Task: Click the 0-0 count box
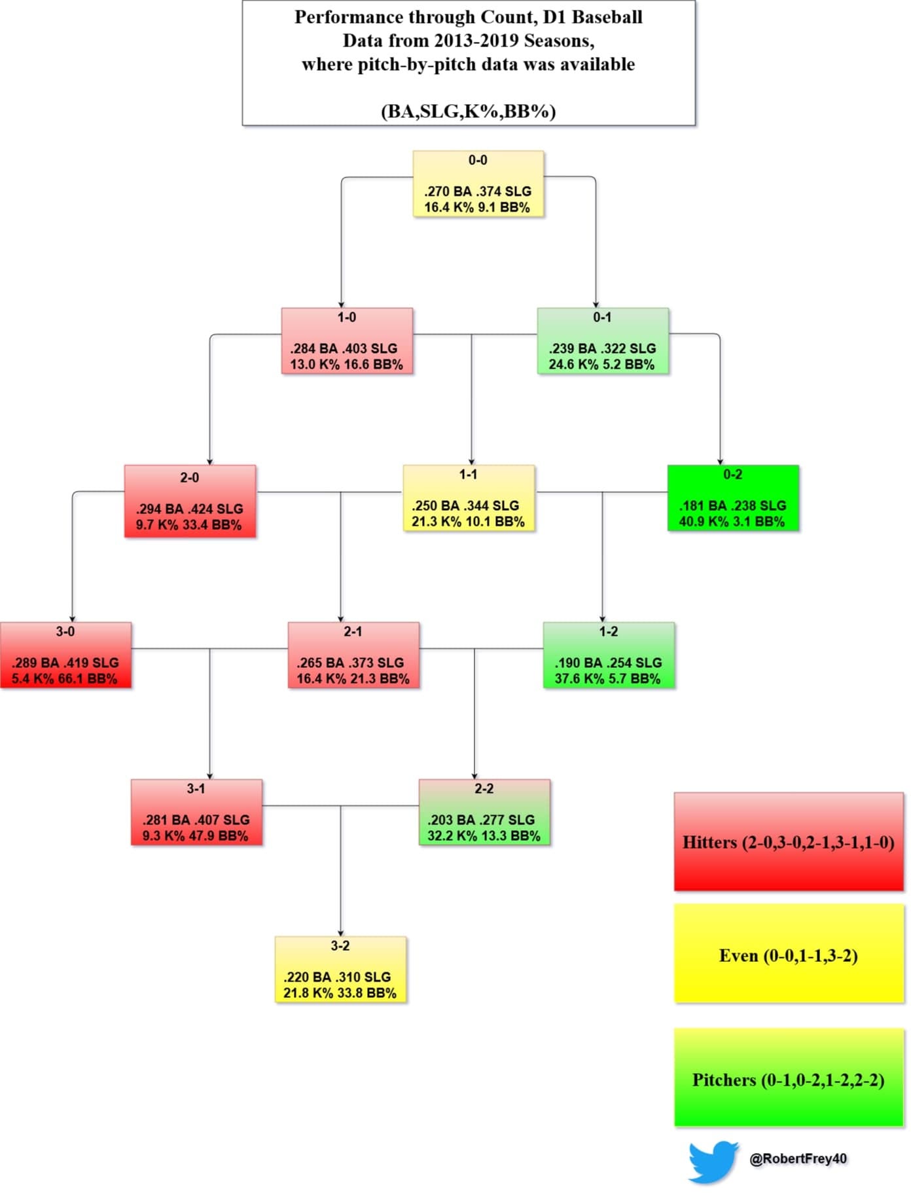(478, 184)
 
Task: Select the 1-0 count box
(347, 341)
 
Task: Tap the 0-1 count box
(603, 341)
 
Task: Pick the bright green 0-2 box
(733, 498)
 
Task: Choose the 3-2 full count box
(340, 970)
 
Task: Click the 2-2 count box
(484, 813)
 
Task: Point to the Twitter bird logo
(713, 1162)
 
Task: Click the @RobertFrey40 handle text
(798, 1159)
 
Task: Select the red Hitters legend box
(789, 842)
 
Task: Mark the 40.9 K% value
(704, 522)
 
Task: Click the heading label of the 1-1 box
(468, 475)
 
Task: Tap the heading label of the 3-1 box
(196, 789)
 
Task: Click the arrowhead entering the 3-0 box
(72, 619)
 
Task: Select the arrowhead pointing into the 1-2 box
(602, 619)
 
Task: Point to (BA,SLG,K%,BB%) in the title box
(469, 111)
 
